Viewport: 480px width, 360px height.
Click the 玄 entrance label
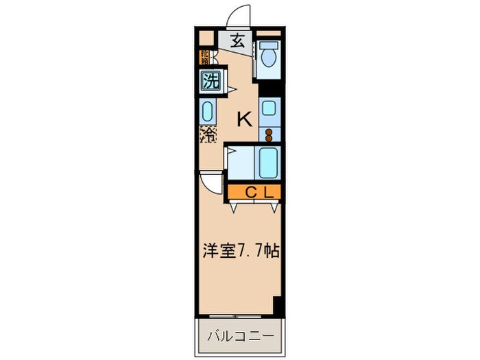(x=237, y=40)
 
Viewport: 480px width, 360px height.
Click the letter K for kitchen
(x=243, y=119)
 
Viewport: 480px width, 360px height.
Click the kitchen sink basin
(x=267, y=108)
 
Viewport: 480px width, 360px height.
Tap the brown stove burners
(x=269, y=133)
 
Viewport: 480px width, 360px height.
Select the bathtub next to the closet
(x=267, y=163)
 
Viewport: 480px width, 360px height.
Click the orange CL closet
(x=252, y=193)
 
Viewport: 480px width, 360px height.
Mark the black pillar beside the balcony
(x=278, y=307)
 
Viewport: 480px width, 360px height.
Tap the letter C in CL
(x=250, y=193)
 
